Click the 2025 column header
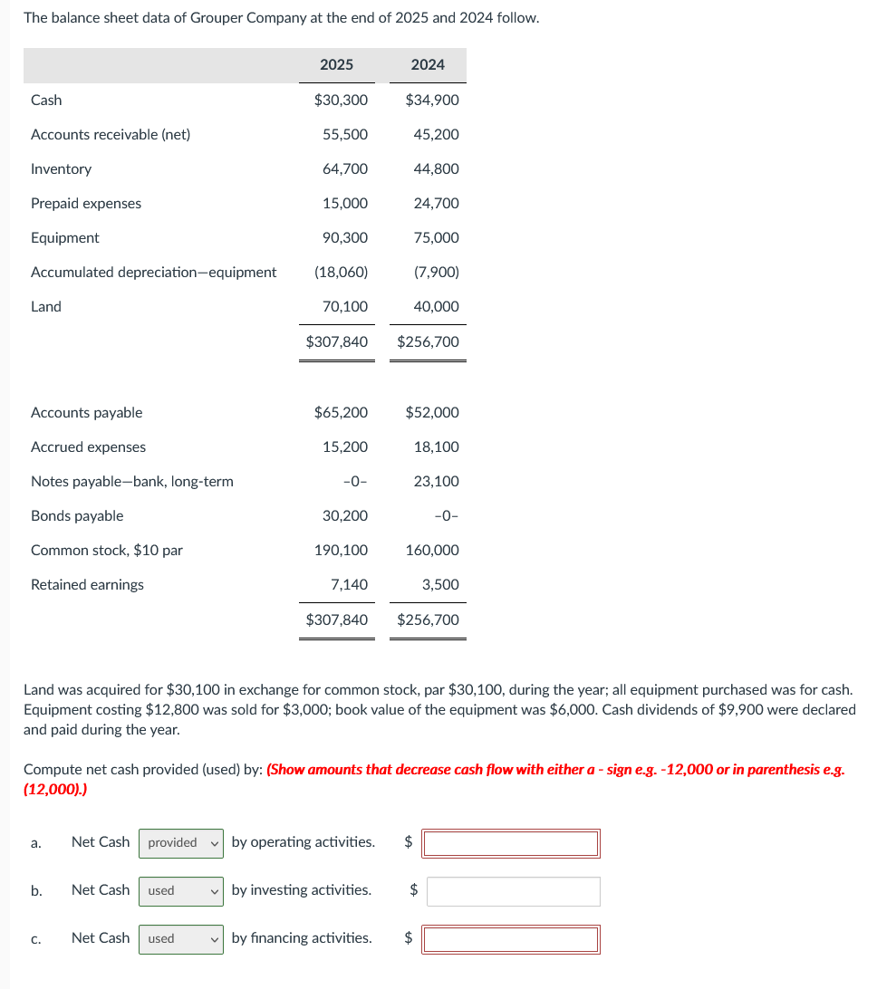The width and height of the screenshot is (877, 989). pyautogui.click(x=336, y=64)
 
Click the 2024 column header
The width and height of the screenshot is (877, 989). pyautogui.click(x=428, y=64)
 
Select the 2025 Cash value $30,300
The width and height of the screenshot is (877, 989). pyautogui.click(x=341, y=100)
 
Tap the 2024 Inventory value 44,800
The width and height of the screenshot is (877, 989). pyautogui.click(x=436, y=168)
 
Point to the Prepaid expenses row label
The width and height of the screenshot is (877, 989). pyautogui.click(x=86, y=203)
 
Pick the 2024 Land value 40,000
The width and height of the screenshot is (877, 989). pyautogui.click(x=436, y=306)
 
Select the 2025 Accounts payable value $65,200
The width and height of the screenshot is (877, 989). pyautogui.click(x=341, y=412)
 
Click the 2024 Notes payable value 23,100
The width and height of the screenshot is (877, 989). pyautogui.click(x=436, y=481)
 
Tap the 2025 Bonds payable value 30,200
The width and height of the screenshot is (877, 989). pyautogui.click(x=345, y=515)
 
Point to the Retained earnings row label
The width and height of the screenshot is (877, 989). pyautogui.click(x=87, y=584)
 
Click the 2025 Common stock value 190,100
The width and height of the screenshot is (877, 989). pyautogui.click(x=341, y=550)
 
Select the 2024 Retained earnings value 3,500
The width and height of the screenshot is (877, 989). pyautogui.click(x=440, y=584)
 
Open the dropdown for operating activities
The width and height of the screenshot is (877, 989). pyautogui.click(x=181, y=842)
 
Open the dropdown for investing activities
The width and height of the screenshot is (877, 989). pyautogui.click(x=181, y=890)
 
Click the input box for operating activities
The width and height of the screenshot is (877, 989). pyautogui.click(x=511, y=843)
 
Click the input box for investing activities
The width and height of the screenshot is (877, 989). pyautogui.click(x=513, y=891)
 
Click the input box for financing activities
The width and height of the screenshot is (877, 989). pyautogui.click(x=511, y=939)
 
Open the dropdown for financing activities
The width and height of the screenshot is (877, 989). pyautogui.click(x=181, y=938)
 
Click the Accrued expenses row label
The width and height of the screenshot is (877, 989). pyautogui.click(x=88, y=446)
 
